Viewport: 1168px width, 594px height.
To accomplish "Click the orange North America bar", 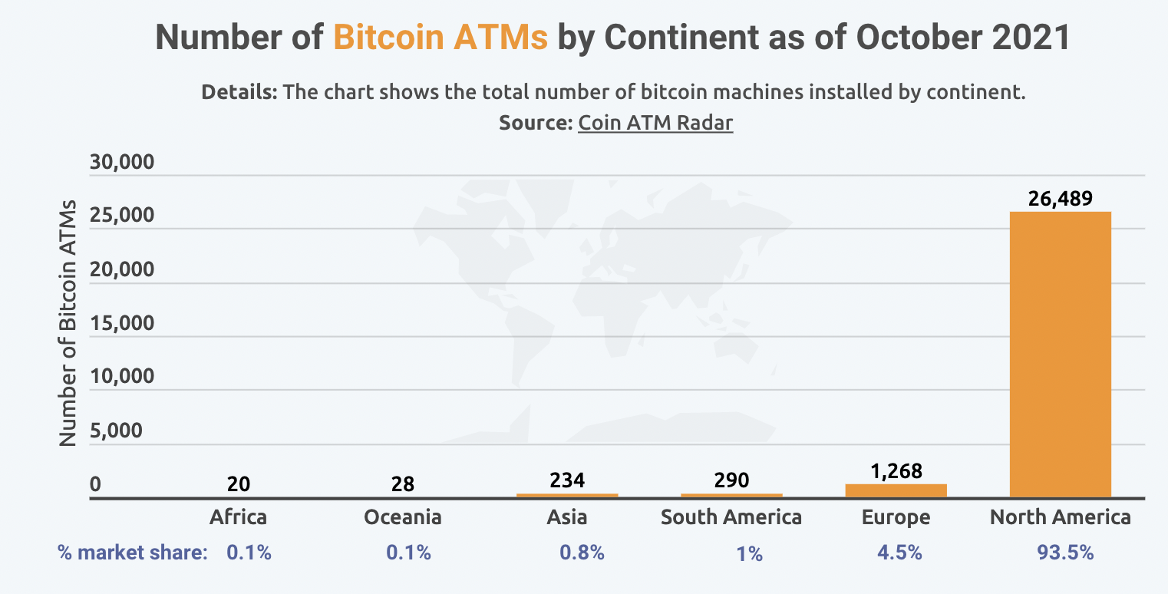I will click(1060, 355).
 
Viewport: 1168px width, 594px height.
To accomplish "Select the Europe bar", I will click(896, 491).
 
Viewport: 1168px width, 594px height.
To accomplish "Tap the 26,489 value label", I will click(1060, 199).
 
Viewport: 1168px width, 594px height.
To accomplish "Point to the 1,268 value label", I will click(896, 470).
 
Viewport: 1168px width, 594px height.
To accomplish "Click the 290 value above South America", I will click(731, 481).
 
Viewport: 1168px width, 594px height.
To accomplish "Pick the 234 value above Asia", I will click(567, 481).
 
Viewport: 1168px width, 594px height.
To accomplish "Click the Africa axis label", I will click(239, 517).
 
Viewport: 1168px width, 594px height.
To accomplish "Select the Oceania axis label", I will click(403, 517).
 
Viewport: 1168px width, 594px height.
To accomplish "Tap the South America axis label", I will click(731, 517).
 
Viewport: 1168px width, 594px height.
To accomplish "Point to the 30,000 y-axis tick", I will click(123, 163).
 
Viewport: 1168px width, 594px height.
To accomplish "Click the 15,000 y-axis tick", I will click(123, 323).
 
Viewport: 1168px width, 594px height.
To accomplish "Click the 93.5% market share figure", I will click(1060, 553).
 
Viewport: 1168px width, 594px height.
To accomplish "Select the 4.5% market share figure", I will click(896, 553).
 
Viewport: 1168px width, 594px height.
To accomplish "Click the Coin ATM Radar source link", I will click(655, 123).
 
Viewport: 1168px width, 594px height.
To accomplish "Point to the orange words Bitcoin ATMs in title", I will click(440, 38).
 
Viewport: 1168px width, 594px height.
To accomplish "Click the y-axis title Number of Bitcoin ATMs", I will click(69, 322).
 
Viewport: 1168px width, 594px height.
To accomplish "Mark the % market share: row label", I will click(132, 553).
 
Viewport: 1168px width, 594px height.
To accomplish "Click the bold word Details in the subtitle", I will click(239, 93).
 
